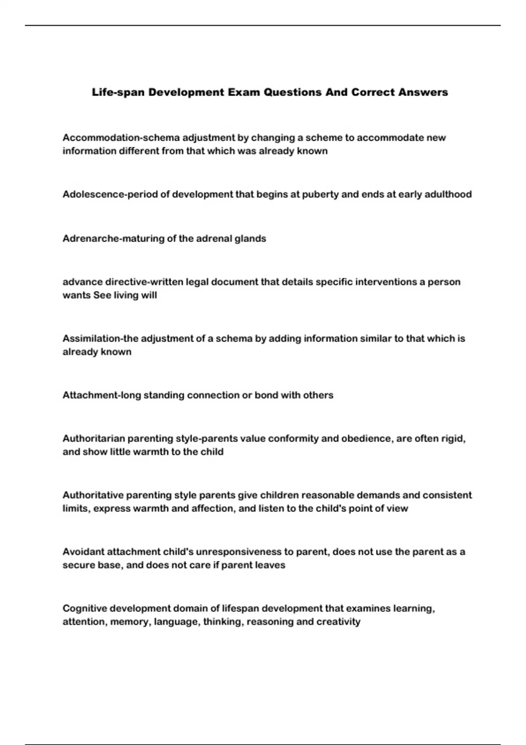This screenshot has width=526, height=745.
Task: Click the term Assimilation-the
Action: (100, 338)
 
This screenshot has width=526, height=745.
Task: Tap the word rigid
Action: (453, 439)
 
